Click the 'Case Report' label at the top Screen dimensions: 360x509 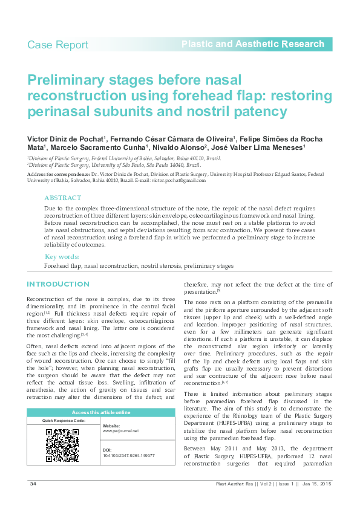click(57, 45)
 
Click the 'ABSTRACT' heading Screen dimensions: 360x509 click(62, 198)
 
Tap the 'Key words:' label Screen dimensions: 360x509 click(61, 256)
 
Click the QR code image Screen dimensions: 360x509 click(62, 446)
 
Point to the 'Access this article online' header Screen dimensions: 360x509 click(101, 412)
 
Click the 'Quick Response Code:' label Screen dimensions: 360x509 click(64, 420)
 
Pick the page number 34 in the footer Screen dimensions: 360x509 click(34, 485)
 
